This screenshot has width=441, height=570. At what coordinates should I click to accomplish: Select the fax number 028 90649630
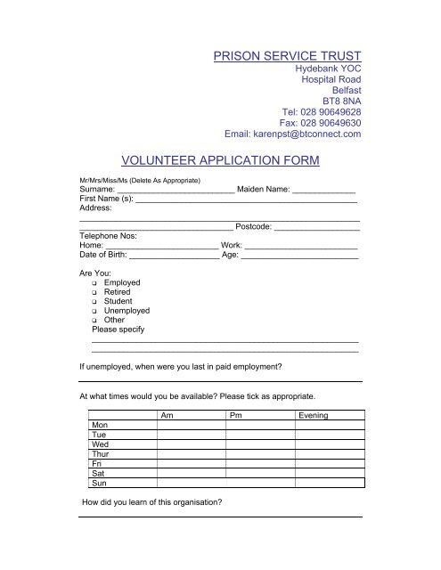331,123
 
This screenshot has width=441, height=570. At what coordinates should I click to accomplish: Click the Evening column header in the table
314,416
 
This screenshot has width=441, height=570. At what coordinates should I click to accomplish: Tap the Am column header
167,416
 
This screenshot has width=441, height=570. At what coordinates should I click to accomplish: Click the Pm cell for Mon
260,426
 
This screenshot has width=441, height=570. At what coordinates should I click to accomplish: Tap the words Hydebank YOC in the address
327,69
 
